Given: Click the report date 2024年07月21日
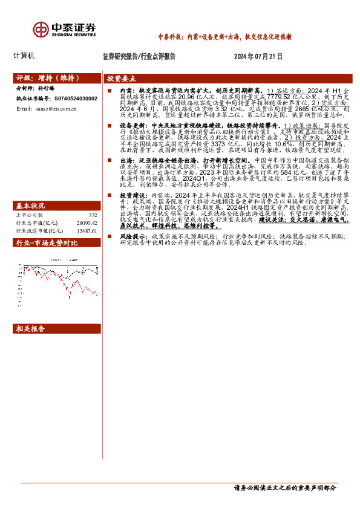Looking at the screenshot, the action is click(x=258, y=56).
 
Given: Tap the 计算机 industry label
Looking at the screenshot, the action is click(x=24, y=56).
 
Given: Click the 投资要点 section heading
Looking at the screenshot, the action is click(x=122, y=79).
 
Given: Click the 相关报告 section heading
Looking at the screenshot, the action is click(x=30, y=329).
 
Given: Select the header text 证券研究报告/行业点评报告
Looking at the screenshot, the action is click(x=140, y=56).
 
